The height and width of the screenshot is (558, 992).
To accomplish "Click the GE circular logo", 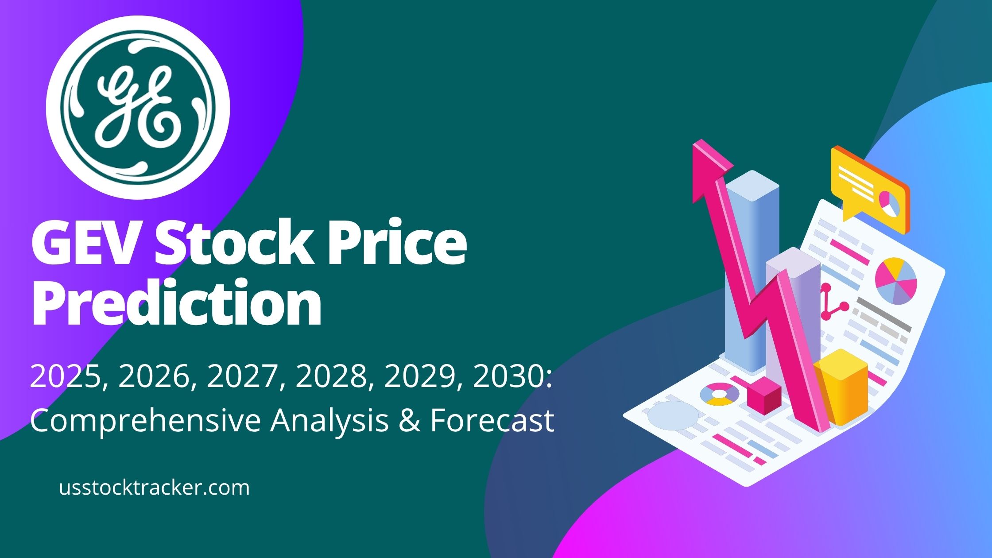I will click(x=138, y=107).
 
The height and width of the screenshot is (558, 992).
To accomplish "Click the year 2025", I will click(x=64, y=378).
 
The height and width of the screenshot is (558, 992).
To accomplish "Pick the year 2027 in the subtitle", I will click(x=241, y=378).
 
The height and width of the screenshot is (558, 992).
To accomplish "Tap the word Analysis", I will click(x=330, y=420).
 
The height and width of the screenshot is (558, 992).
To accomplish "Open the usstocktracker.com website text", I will click(x=154, y=488).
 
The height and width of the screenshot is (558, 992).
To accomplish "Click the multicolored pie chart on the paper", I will click(x=895, y=281).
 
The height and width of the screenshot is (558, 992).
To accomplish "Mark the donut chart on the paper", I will click(x=719, y=394).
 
